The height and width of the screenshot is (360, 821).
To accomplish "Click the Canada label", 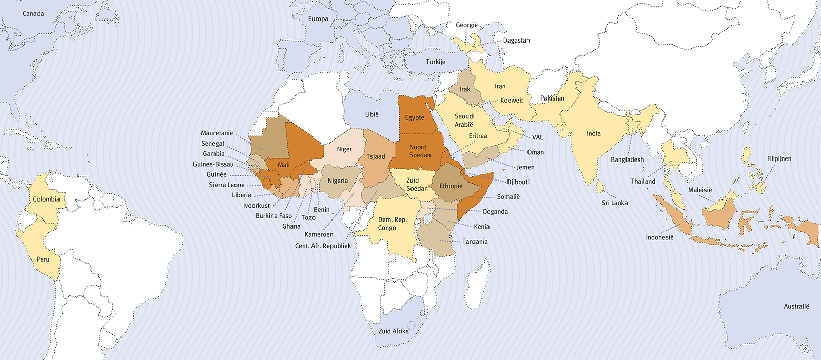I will click(33, 14).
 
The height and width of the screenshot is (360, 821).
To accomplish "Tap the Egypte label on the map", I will click(415, 117).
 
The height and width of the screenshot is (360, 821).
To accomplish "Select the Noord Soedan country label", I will click(419, 151).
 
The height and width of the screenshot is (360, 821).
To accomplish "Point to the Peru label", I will click(43, 259).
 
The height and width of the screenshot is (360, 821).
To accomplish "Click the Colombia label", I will click(46, 199).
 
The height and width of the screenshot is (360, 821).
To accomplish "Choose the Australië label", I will click(796, 306).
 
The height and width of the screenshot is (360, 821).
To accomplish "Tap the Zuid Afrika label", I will click(394, 331).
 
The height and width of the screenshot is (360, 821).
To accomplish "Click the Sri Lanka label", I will click(615, 203).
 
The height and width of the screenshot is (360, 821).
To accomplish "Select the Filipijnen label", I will click(779, 158).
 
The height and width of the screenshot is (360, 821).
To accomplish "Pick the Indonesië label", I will click(659, 237).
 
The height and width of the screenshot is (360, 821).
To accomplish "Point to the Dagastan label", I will click(516, 41).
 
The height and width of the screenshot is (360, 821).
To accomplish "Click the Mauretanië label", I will click(217, 133).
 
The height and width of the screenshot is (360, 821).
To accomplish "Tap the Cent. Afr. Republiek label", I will click(323, 246).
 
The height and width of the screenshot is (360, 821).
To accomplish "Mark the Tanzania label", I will click(475, 241).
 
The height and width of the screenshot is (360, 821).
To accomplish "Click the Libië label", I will click(372, 114).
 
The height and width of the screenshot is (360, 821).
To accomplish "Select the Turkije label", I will click(436, 62).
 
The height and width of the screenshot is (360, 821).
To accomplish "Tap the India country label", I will click(593, 133).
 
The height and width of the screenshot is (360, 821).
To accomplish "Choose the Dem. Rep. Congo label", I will click(392, 224).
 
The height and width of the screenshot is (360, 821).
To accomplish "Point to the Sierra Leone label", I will click(227, 185).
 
